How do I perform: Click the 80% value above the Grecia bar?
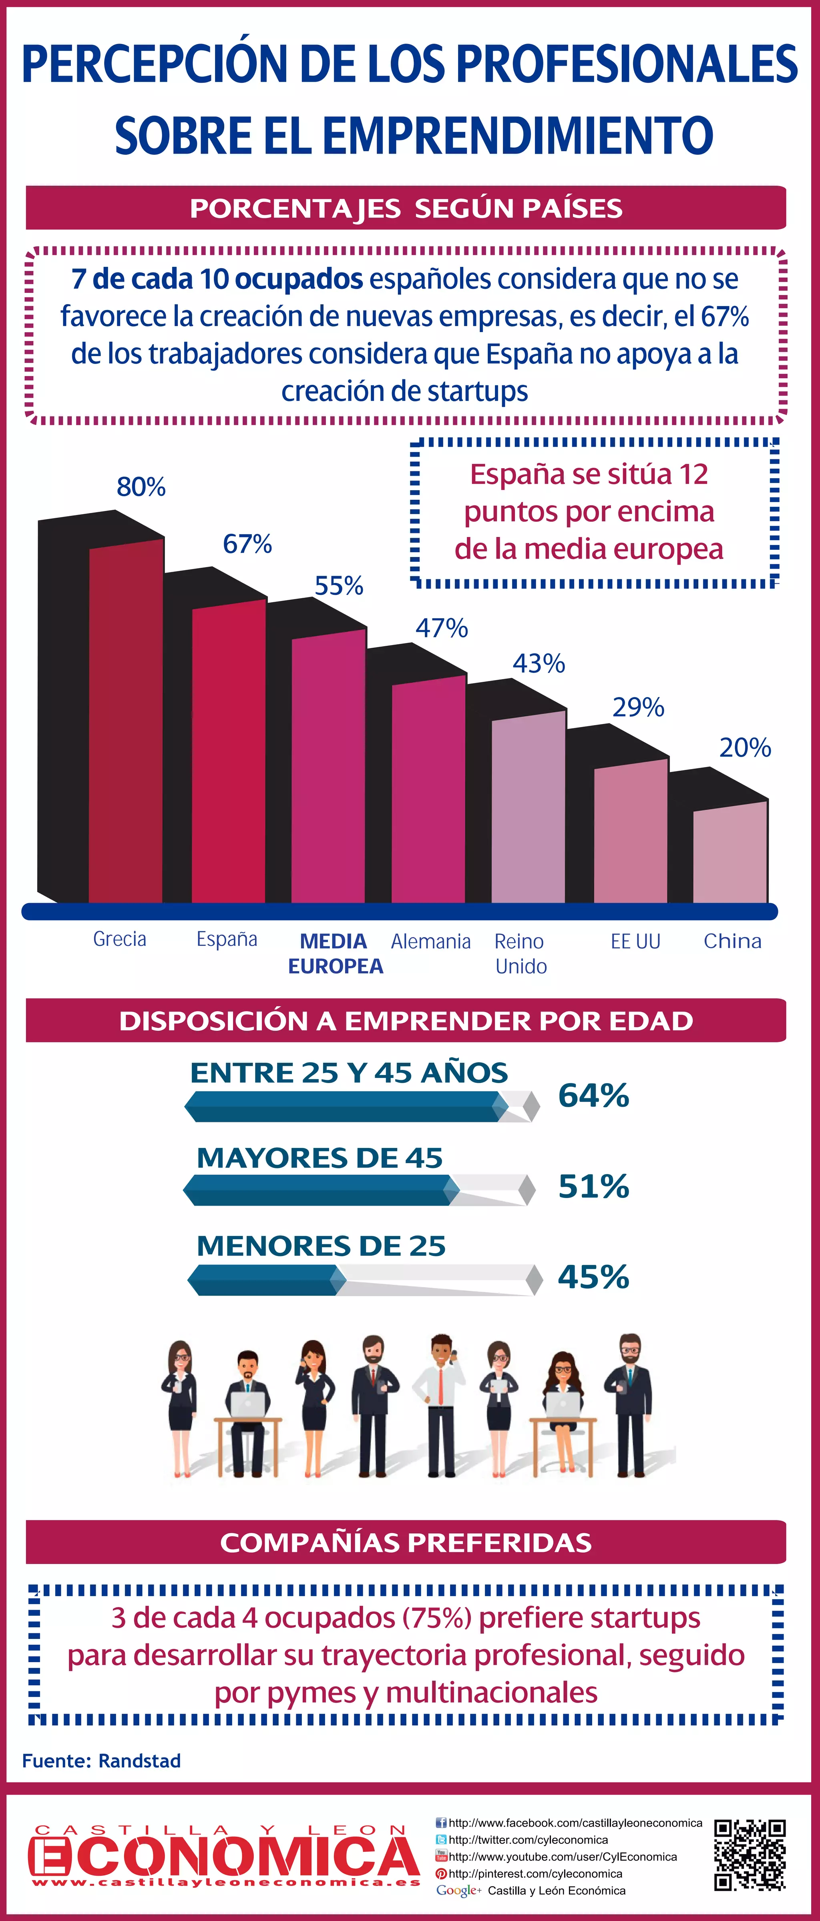(141, 487)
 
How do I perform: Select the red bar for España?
(228, 753)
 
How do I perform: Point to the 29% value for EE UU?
(638, 707)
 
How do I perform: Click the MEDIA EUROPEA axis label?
(335, 953)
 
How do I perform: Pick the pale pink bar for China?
(730, 854)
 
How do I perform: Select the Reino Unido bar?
(528, 809)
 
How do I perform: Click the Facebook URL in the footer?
(575, 1823)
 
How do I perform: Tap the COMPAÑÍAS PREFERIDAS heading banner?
(406, 1542)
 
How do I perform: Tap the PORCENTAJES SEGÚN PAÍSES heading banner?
(406, 208)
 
